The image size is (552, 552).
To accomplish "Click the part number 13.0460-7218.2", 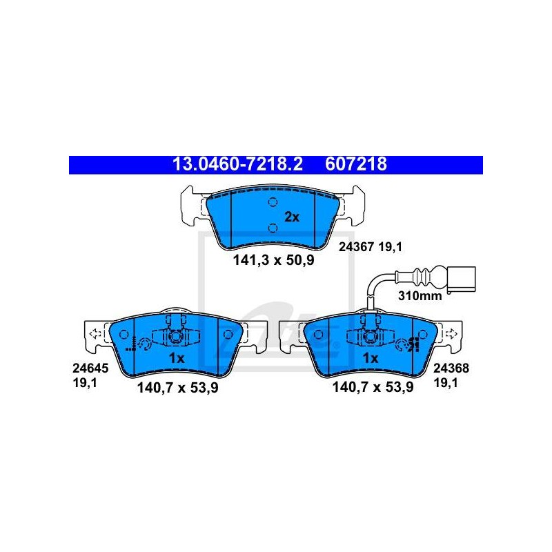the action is pos(237,164).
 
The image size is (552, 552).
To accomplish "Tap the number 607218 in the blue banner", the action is pos(356,164).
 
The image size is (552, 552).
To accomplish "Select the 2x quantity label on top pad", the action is pos(292,217).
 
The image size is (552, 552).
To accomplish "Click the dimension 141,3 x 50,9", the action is pos(273,261).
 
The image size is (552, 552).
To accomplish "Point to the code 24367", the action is pos(356,247).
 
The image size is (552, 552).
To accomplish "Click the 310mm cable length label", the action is pos(420,296).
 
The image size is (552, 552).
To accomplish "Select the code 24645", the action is pos(90,368).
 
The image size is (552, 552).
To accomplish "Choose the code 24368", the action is pos(451,368).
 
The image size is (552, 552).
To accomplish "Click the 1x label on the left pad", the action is pos(177,358).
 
